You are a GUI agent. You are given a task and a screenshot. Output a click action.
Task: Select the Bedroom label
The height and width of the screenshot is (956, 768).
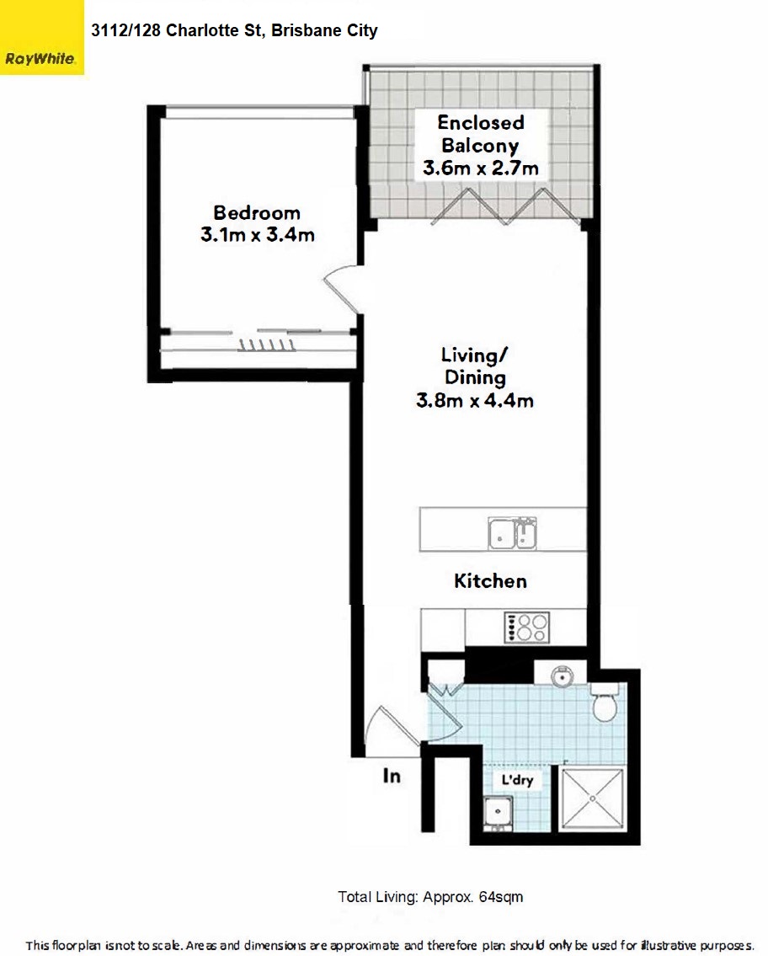tap(257, 213)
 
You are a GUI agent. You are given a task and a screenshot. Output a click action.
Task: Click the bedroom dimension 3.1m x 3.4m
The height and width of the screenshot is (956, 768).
tap(257, 235)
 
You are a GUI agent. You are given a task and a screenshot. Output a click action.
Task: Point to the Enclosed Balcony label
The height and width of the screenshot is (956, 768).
tap(480, 134)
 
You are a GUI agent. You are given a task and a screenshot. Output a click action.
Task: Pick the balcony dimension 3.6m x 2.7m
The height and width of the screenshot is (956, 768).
tap(480, 168)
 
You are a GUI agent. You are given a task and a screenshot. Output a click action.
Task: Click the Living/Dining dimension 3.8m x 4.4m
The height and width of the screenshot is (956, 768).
tap(475, 401)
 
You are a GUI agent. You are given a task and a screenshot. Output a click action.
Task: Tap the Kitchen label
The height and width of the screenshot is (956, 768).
tap(491, 581)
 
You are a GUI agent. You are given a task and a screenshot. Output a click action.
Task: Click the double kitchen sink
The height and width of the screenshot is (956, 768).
tap(512, 533)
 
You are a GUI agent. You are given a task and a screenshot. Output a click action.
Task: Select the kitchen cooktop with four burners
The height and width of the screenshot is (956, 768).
tap(526, 627)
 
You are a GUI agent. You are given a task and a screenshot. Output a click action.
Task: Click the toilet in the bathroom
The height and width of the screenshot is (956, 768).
tap(605, 702)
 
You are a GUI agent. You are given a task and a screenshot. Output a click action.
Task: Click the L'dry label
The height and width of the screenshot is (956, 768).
tap(518, 780)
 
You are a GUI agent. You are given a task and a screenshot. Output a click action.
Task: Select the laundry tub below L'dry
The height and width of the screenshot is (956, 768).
tap(498, 814)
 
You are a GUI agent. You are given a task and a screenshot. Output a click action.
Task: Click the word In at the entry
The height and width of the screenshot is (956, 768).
tap(392, 776)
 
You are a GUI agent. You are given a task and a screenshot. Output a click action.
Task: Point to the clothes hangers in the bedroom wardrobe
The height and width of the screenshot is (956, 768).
tap(266, 345)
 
